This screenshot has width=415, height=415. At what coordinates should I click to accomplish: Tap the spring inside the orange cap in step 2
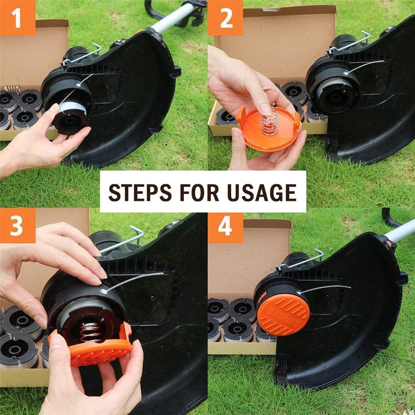click(x=270, y=122)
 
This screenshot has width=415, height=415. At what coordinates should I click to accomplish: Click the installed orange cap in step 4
click(x=283, y=314)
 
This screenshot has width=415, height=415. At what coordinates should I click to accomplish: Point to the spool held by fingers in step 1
click(x=71, y=118)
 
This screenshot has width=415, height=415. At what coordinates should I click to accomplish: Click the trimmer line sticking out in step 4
click(x=328, y=287)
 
